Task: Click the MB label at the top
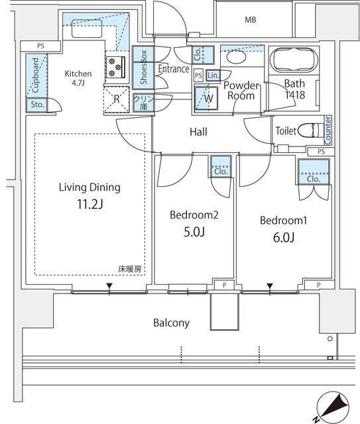(250, 20)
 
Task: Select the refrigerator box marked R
(116, 99)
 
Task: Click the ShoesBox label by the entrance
(143, 68)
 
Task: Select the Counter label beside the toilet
(328, 130)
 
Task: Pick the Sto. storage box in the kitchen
(36, 104)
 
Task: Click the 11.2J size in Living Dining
(88, 204)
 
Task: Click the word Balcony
(172, 323)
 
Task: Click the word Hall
(198, 132)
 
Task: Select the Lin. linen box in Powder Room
(213, 76)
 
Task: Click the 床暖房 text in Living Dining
(130, 269)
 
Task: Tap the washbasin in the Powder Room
(235, 58)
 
